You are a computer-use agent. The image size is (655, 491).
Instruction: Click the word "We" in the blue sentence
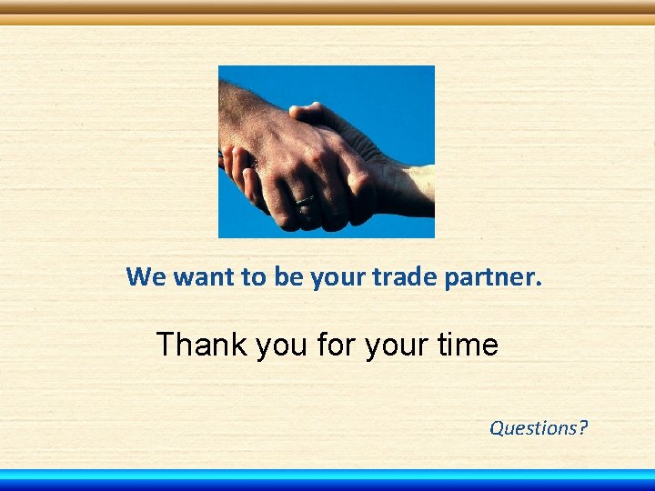146,276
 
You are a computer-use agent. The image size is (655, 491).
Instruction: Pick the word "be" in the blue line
287,276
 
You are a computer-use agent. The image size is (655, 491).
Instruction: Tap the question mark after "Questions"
583,427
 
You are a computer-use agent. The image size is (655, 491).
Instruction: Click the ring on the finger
305,197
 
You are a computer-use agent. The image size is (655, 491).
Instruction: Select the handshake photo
327,151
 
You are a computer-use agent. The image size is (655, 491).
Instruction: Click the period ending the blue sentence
539,283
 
